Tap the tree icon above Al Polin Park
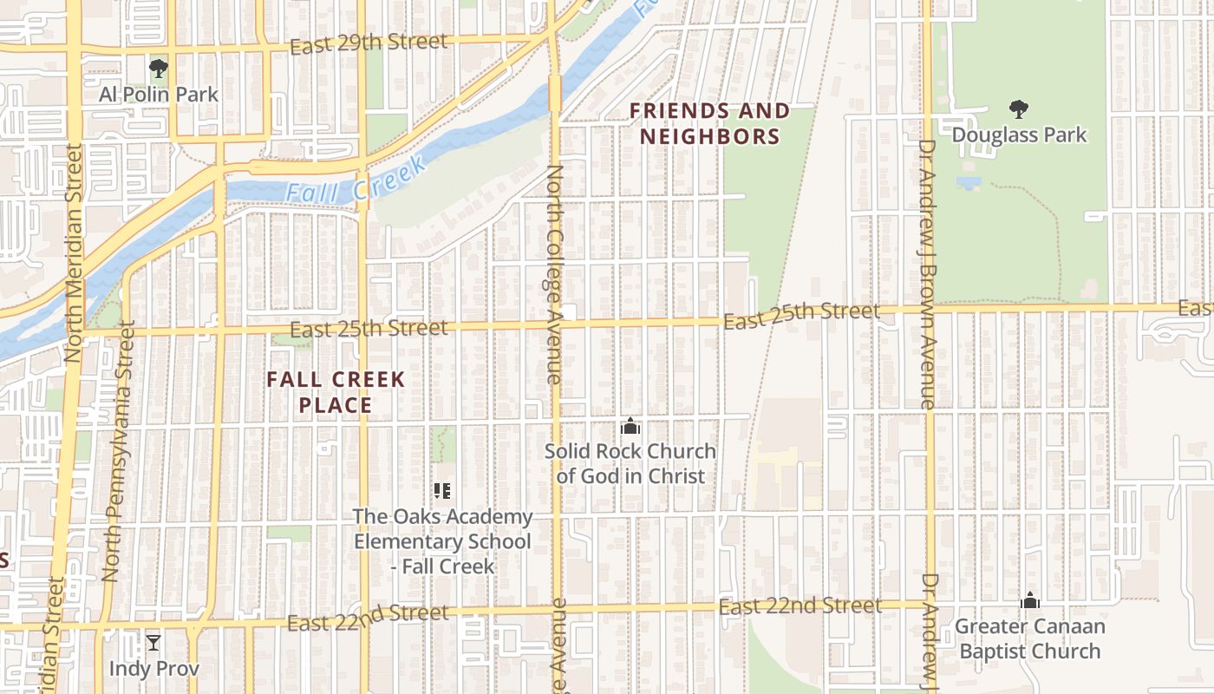pyautogui.click(x=158, y=69)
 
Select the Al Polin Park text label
pyautogui.click(x=158, y=94)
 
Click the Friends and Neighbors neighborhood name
pyautogui.click(x=709, y=123)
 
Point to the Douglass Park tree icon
pyautogui.click(x=1019, y=109)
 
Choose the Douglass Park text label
pyautogui.click(x=1019, y=135)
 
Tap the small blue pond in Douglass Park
pyautogui.click(x=969, y=182)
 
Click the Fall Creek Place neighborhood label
pyautogui.click(x=336, y=392)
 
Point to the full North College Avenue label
pyautogui.click(x=554, y=274)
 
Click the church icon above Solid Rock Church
pyautogui.click(x=630, y=426)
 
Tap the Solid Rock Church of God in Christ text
pyautogui.click(x=630, y=463)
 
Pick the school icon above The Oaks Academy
pyautogui.click(x=442, y=492)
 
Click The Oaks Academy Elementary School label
pyautogui.click(x=442, y=541)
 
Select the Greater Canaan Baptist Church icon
pyautogui.click(x=1030, y=600)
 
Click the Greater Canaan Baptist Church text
pyautogui.click(x=1030, y=638)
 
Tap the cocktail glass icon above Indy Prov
pyautogui.click(x=153, y=643)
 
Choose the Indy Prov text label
pyautogui.click(x=153, y=669)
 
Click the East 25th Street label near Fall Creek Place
pyautogui.click(x=369, y=329)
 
